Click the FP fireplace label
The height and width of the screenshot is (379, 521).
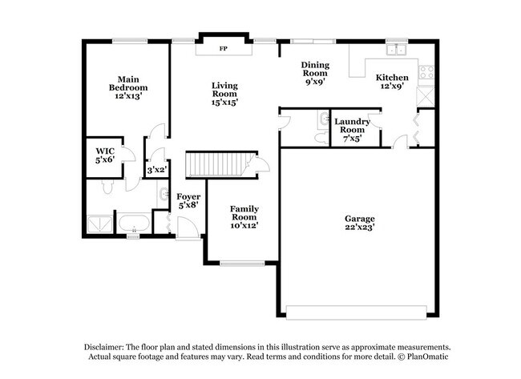pyautogui.click(x=223, y=48)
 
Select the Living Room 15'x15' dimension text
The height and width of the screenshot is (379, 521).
pyautogui.click(x=224, y=102)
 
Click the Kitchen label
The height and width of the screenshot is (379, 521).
pyautogui.click(x=393, y=78)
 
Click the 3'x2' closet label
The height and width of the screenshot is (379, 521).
pyautogui.click(x=155, y=170)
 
